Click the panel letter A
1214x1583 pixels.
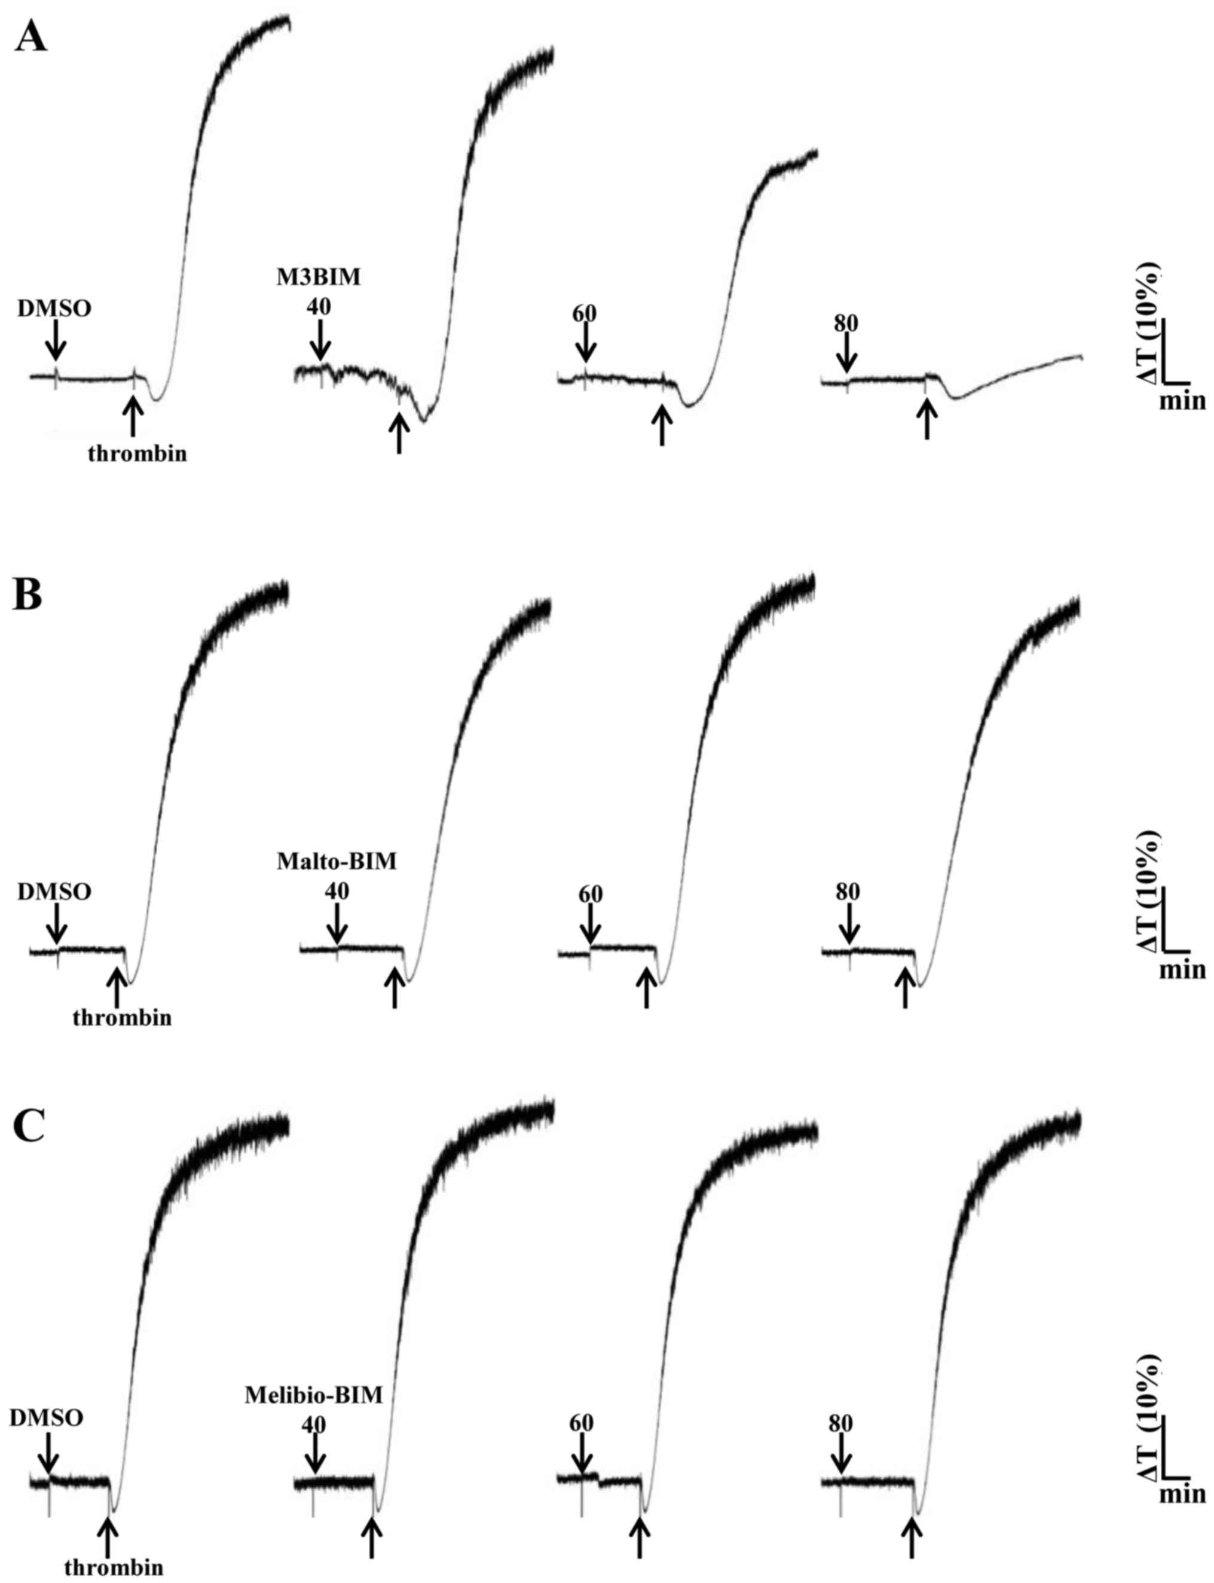coord(30,38)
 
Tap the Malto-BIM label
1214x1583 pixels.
coord(337,862)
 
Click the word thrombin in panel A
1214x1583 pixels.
coord(137,454)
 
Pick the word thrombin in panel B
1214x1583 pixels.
coord(122,1018)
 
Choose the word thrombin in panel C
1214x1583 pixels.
coord(114,1563)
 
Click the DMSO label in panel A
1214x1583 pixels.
coord(55,309)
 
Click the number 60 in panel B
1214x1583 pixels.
coord(591,893)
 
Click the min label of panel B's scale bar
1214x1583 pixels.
coord(1182,969)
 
